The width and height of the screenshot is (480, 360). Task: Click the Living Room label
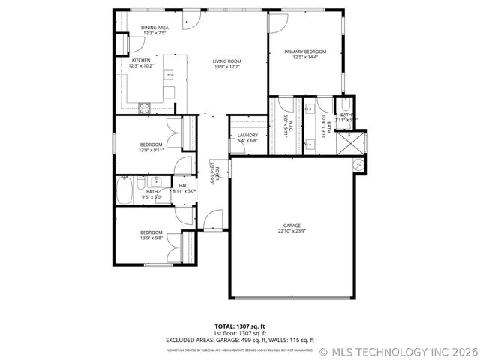(x=226, y=61)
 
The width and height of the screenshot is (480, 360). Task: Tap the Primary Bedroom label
(x=306, y=52)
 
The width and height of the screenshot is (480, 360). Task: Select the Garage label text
(x=292, y=226)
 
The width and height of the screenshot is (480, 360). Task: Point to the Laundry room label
(x=247, y=136)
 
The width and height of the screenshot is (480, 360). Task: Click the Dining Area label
(x=154, y=28)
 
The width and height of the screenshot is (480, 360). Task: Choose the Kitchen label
(x=141, y=60)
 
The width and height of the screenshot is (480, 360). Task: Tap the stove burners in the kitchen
(x=144, y=108)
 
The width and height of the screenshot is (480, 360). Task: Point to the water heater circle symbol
(x=358, y=162)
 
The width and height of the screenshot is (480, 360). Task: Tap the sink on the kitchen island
(x=170, y=74)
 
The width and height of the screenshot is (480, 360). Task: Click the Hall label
(x=184, y=185)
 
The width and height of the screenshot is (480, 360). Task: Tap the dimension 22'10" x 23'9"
(x=292, y=232)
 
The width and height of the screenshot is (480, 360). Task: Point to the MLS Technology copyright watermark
(x=397, y=350)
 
